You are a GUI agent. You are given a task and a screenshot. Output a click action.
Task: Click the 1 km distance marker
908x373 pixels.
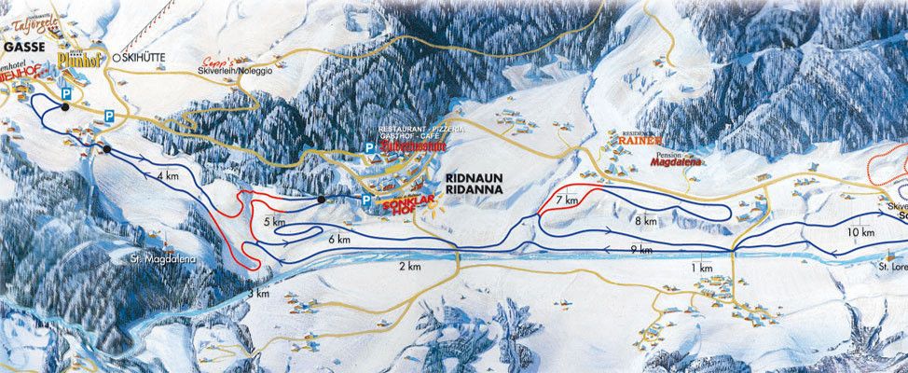[703, 269]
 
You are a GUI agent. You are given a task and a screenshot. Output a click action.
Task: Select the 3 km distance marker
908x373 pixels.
[259, 294]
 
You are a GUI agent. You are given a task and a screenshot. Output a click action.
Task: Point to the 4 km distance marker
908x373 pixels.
[168, 175]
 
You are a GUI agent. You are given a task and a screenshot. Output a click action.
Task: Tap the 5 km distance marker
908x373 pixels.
[273, 223]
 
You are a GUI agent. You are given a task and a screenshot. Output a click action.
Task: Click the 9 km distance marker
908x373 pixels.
[640, 251]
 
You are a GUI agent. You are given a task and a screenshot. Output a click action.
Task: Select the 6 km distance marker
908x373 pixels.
[338, 240]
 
